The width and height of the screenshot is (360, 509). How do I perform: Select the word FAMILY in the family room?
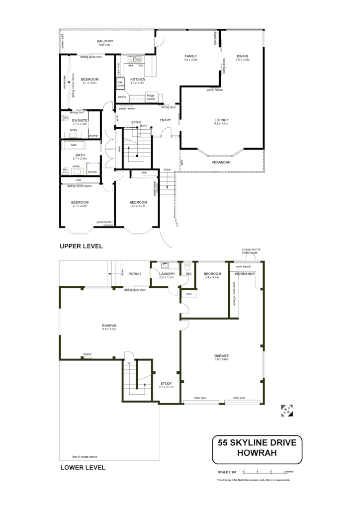190,56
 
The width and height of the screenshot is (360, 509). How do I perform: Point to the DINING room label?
242,56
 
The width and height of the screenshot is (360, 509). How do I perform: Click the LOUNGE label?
221,120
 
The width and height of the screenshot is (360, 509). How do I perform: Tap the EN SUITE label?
80,120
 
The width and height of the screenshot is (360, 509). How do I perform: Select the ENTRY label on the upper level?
166,120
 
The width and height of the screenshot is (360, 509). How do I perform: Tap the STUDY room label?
166,383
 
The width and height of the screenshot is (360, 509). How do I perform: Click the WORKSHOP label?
245,274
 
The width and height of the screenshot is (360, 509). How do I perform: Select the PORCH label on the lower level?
135,274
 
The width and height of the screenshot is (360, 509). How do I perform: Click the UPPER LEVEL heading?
81,246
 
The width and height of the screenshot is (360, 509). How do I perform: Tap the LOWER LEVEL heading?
83,467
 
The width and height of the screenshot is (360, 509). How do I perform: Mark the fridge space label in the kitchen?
150,97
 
